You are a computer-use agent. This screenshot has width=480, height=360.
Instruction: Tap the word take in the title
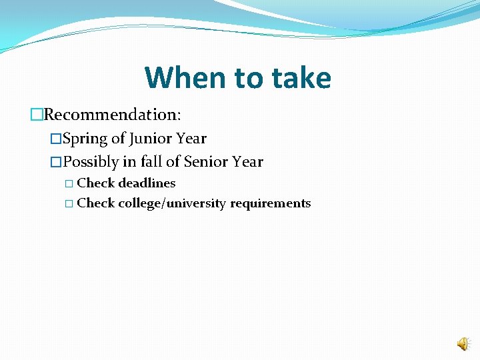[x=300, y=78]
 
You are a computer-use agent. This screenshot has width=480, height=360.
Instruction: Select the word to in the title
[x=248, y=78]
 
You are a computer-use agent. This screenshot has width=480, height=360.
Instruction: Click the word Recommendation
[x=112, y=114]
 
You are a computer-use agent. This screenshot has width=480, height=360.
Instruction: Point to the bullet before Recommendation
[x=37, y=114]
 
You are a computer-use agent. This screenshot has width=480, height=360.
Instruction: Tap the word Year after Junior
[x=191, y=139]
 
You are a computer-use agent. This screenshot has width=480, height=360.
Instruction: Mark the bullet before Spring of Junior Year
[x=56, y=139]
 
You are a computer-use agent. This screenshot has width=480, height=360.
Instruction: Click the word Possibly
[x=91, y=162]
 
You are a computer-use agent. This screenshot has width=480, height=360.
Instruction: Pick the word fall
[x=151, y=162]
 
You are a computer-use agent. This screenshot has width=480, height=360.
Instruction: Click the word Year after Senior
[x=248, y=162]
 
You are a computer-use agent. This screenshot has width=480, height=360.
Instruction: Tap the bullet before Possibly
[x=56, y=162]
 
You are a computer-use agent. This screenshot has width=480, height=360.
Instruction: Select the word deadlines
[x=147, y=183]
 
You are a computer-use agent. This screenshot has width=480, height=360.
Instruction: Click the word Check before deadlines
[x=96, y=183]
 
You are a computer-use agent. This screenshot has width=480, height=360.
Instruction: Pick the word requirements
[x=270, y=203]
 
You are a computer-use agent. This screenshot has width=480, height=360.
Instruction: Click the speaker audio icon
[x=462, y=344]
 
